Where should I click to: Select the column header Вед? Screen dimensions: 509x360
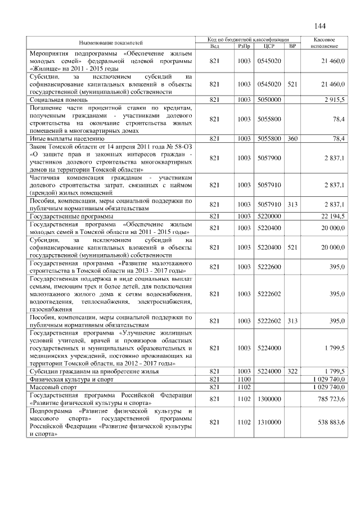pyautogui.click(x=214, y=46)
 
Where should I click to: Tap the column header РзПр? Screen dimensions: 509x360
pyautogui.click(x=244, y=46)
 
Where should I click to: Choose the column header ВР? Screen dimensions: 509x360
pyautogui.click(x=292, y=46)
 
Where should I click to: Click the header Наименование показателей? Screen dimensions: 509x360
pyautogui.click(x=111, y=43)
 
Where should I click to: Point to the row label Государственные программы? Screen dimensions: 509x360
pyautogui.click(x=71, y=216)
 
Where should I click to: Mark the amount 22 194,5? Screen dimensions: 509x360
pyautogui.click(x=332, y=216)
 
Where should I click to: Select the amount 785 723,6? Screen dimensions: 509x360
pyautogui.click(x=331, y=399)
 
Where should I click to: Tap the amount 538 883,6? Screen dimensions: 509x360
pyautogui.click(x=331, y=422)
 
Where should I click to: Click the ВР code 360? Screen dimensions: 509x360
pyautogui.click(x=292, y=138)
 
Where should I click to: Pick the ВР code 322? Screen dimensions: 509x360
pyautogui.click(x=292, y=372)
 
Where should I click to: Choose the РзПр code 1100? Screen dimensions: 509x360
pyautogui.click(x=244, y=380)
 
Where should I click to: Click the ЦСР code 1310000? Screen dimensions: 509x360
pyautogui.click(x=268, y=422)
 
